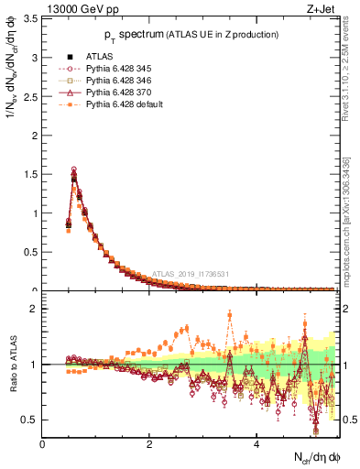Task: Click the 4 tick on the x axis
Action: pos(257,443)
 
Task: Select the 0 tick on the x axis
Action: pos(43,443)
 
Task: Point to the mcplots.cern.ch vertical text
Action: pos(349,229)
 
